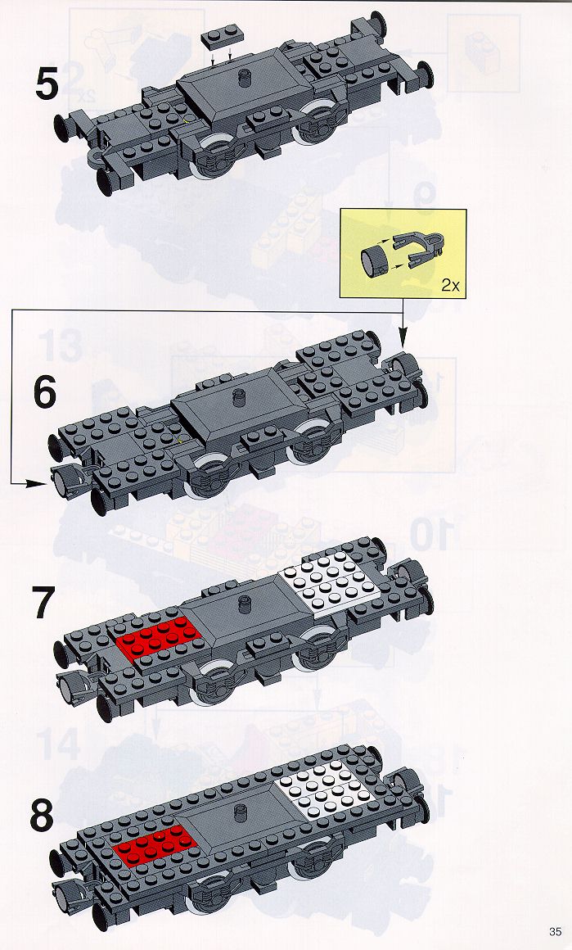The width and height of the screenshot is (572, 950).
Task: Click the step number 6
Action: (x=44, y=391)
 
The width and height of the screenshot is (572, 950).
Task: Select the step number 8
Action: (x=42, y=817)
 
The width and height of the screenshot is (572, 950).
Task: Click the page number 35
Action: (x=555, y=931)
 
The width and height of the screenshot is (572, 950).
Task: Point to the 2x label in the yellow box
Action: (x=450, y=285)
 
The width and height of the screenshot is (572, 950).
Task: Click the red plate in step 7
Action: (x=158, y=638)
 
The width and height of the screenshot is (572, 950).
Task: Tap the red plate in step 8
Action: (x=155, y=844)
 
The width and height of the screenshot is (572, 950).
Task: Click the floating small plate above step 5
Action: (x=218, y=38)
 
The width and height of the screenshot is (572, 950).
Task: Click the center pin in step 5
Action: (x=245, y=78)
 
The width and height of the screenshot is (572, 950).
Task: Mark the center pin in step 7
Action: (x=245, y=604)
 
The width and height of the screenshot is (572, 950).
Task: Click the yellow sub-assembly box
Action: (x=403, y=254)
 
